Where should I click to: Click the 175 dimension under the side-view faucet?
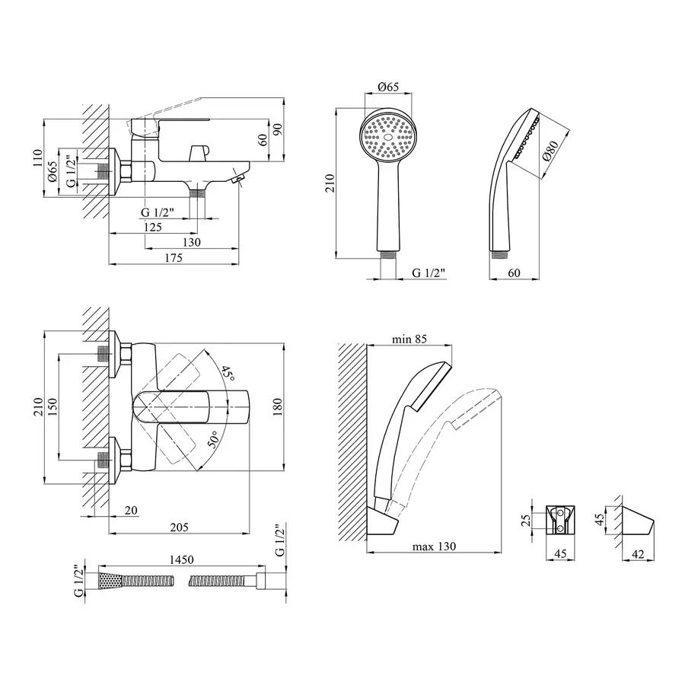pos(173,259)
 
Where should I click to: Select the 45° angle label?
pos(226,373)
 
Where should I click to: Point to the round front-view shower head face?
pos(389,135)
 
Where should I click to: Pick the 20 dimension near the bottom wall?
pos(130,510)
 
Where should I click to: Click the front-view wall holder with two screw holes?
pos(562,518)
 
